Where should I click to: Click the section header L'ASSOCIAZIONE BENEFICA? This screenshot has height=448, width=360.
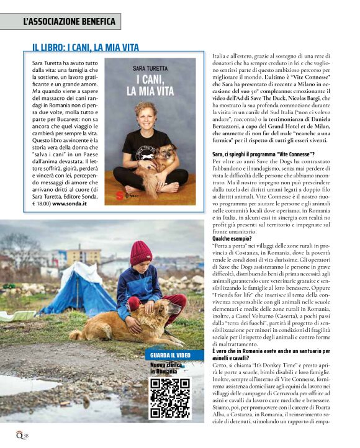(69, 22)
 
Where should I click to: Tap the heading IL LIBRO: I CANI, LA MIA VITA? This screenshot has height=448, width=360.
(86, 47)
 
